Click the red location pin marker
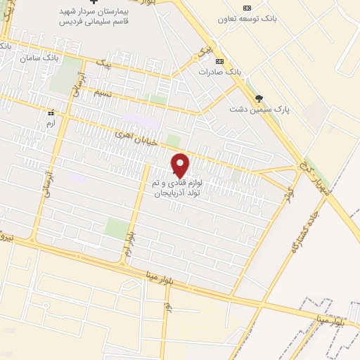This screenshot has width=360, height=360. [x=181, y=166]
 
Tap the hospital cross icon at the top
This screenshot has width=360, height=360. [x=85, y=4]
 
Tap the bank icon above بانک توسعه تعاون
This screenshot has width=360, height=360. [x=245, y=8]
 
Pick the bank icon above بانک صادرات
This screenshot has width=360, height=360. [x=219, y=61]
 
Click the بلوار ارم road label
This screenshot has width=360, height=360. [x=131, y=240]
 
